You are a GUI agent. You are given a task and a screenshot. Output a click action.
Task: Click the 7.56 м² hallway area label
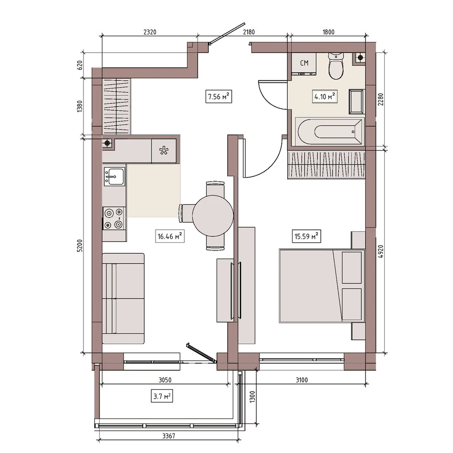click(219, 96)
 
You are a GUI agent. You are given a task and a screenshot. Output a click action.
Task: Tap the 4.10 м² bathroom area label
click(325, 96)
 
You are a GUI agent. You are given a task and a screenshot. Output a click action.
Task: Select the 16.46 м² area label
click(170, 236)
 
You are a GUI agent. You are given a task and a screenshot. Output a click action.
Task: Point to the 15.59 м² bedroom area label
click(306, 236)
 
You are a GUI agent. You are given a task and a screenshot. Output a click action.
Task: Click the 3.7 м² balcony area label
click(162, 396)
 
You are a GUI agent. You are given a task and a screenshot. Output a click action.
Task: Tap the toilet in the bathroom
click(336, 66)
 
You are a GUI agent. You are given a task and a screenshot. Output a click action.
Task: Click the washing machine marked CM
click(304, 64)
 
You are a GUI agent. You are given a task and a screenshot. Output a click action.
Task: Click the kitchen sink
click(115, 176)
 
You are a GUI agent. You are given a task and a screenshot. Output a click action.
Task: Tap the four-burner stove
click(114, 218)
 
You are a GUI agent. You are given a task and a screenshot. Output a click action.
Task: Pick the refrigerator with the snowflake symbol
click(164, 151)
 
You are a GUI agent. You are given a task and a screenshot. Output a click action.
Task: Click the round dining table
click(213, 216)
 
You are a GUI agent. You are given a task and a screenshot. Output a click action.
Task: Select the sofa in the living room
click(123, 299)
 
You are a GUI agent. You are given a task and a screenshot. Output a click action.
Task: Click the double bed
click(322, 286)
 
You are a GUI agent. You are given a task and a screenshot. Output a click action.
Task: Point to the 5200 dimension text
click(80, 246)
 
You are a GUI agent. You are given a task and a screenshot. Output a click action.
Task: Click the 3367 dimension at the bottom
click(169, 436)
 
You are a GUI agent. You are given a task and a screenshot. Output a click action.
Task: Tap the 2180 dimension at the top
click(249, 32)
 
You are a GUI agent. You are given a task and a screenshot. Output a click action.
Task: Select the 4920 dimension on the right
click(381, 251)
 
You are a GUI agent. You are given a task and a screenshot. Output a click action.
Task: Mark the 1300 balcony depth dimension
click(252, 397)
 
